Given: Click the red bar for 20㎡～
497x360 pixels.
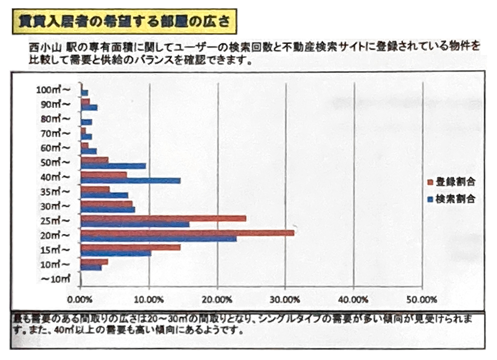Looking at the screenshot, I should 187,233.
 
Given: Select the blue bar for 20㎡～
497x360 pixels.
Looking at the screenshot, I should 158,239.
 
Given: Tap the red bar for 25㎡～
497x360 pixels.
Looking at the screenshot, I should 163,218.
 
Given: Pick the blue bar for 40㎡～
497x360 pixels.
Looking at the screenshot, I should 130,180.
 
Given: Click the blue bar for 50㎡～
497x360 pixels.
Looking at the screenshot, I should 113,166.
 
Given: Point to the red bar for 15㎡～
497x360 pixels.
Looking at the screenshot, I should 130,247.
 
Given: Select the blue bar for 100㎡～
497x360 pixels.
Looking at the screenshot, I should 84,93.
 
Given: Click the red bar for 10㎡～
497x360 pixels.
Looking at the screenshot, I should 94,262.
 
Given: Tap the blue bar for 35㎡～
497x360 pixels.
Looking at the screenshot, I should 104,195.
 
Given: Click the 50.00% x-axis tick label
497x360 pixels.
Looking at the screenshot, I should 421,300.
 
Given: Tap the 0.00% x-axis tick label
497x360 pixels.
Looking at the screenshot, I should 80,300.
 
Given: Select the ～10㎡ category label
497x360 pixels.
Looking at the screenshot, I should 55,279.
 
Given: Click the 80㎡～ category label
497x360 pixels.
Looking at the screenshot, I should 55,118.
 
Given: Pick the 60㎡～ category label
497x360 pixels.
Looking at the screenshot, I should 55,148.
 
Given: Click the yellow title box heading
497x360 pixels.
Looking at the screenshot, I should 124,22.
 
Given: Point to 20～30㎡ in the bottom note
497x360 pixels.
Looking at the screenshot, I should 170,319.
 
